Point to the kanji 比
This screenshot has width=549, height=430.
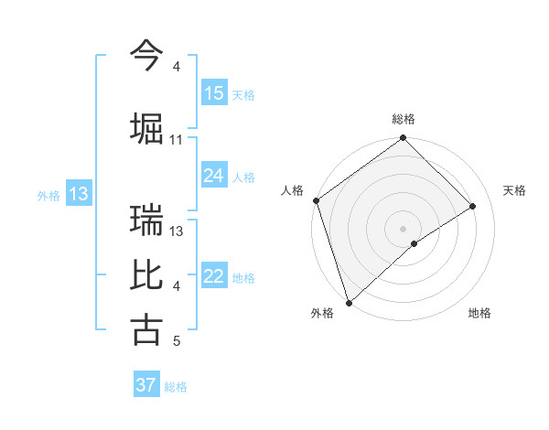[146, 275]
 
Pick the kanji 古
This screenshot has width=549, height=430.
[146, 330]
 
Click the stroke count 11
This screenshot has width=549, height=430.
[177, 140]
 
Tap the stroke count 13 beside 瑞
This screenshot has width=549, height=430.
[177, 231]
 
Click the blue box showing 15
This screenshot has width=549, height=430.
[214, 93]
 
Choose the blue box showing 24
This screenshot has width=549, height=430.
[214, 176]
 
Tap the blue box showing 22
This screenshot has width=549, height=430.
[214, 276]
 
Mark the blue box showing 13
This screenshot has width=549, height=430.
[78, 194]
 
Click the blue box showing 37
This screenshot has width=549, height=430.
[145, 385]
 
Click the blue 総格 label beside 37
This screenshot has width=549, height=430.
[176, 387]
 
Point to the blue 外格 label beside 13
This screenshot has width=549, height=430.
[48, 195]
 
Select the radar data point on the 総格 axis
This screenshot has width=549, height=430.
[403, 139]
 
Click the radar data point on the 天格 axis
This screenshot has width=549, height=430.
[473, 206]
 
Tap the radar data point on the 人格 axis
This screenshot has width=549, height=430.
[316, 200]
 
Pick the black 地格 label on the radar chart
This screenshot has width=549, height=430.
[479, 313]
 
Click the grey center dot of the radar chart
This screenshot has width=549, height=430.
[403, 228]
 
